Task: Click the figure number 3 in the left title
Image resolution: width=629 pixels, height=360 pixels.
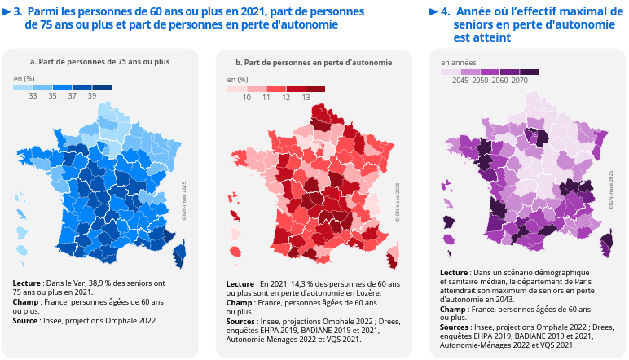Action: click(x=18, y=12)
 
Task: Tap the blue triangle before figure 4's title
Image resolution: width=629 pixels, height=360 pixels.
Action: click(x=433, y=12)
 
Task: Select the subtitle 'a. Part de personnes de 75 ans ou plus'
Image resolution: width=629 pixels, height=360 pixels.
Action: click(x=99, y=63)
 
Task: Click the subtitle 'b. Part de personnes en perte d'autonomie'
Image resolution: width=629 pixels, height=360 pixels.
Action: click(x=314, y=63)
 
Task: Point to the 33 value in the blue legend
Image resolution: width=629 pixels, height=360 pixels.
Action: click(x=33, y=96)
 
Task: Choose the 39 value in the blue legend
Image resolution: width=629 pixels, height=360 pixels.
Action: click(x=92, y=96)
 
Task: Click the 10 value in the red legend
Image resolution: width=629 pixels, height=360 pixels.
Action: click(x=247, y=97)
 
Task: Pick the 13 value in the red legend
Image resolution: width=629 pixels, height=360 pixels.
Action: click(x=306, y=97)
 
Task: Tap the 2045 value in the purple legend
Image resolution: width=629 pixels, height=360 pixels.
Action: click(x=460, y=81)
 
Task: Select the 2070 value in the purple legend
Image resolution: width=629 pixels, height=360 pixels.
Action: click(x=520, y=81)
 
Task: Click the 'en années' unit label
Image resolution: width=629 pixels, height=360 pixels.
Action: click(x=457, y=63)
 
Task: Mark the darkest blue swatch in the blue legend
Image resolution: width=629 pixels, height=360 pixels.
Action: click(x=102, y=87)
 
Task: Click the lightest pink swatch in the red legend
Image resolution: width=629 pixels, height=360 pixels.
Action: click(x=237, y=88)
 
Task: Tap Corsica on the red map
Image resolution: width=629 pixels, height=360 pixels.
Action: click(x=393, y=259)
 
